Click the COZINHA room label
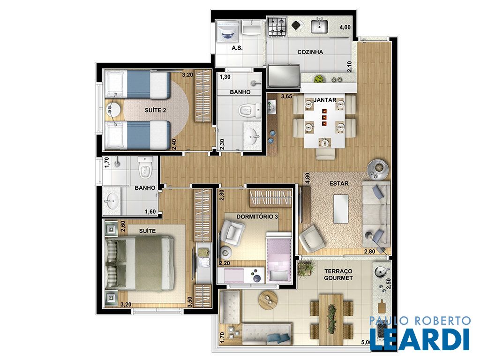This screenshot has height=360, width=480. click(x=310, y=52)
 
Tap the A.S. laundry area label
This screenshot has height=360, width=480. click(x=237, y=48)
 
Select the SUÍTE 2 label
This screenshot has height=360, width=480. click(x=155, y=110)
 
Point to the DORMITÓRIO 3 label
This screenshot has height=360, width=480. click(x=257, y=217)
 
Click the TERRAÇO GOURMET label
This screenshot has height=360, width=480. click(x=338, y=275)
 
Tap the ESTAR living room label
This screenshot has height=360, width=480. click(x=339, y=183)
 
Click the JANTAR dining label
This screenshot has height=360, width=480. click(x=325, y=100)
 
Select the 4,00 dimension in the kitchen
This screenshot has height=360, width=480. click(x=345, y=27)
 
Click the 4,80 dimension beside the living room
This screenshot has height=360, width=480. click(x=307, y=179)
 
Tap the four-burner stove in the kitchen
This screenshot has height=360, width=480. click(x=277, y=27)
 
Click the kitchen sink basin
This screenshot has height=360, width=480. click(x=320, y=26)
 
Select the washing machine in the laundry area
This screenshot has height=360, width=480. click(x=227, y=31)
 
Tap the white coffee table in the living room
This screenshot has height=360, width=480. click(x=341, y=209)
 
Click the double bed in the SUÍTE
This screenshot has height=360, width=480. click(x=140, y=263)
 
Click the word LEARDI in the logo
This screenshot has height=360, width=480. click(x=420, y=339)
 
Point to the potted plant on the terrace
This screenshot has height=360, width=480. click(x=306, y=269)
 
